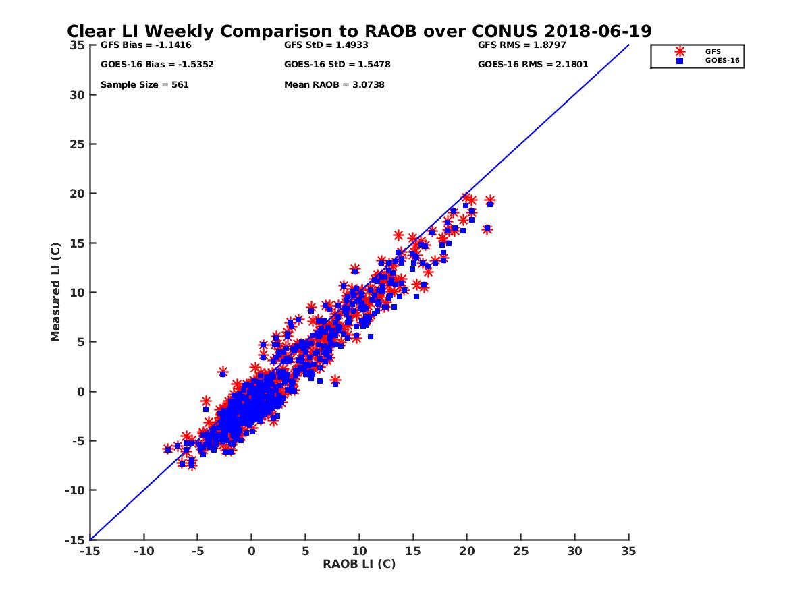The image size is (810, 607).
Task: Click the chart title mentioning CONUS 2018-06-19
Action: pyautogui.click(x=359, y=31)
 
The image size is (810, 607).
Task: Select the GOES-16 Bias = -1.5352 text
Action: pyautogui.click(x=148, y=65)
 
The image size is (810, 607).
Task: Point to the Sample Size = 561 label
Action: pyautogui.click(x=144, y=85)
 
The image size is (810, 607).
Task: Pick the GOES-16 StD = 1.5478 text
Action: pyautogui.click(x=337, y=65)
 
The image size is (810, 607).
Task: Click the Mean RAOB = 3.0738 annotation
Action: pyautogui.click(x=334, y=85)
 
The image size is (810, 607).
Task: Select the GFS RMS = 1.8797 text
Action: pyautogui.click(x=522, y=45)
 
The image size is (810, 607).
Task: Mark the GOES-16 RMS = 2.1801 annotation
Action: pyautogui.click(x=533, y=65)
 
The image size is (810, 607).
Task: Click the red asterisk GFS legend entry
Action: pyautogui.click(x=680, y=51)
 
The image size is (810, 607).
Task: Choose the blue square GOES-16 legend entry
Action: pyautogui.click(x=680, y=61)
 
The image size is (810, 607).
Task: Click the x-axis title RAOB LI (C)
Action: pyautogui.click(x=359, y=564)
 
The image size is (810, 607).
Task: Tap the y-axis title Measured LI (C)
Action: pyautogui.click(x=55, y=292)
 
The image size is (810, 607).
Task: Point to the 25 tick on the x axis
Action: pyautogui.click(x=521, y=551)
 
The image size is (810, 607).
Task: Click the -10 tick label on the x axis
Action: pyautogui.click(x=144, y=551)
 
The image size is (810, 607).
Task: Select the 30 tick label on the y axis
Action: pyautogui.click(x=78, y=94)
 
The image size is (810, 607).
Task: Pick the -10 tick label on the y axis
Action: pyautogui.click(x=75, y=490)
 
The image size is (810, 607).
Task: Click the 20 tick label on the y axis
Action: pyautogui.click(x=78, y=194)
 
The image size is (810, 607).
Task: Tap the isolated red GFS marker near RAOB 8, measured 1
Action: pyautogui.click(x=335, y=380)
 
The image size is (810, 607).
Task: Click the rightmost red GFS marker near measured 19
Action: pyautogui.click(x=490, y=200)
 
